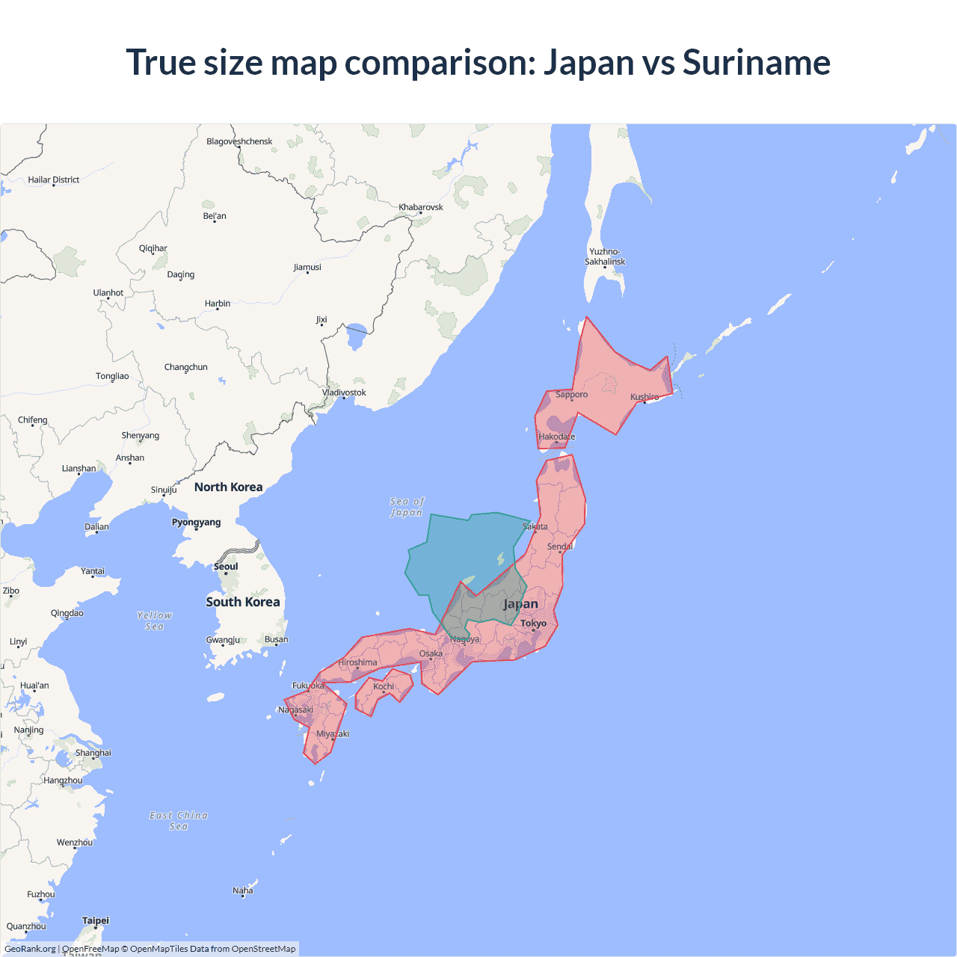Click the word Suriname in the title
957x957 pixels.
pyautogui.click(x=756, y=62)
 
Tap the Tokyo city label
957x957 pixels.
pyautogui.click(x=533, y=623)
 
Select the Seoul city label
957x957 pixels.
pyautogui.click(x=226, y=566)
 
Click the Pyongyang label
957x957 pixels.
pyautogui.click(x=196, y=522)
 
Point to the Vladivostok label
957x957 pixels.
pyautogui.click(x=344, y=393)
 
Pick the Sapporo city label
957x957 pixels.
pyautogui.click(x=571, y=394)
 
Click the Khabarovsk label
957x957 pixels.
pyautogui.click(x=421, y=207)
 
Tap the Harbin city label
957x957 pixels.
pyautogui.click(x=218, y=304)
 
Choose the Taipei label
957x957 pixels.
pyautogui.click(x=96, y=920)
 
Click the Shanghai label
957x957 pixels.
pyautogui.click(x=93, y=753)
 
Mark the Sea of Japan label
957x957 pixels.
pyautogui.click(x=407, y=507)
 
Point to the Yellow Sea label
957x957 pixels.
pyautogui.click(x=155, y=621)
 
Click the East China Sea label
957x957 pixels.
pyautogui.click(x=179, y=821)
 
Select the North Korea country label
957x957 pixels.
pyautogui.click(x=228, y=487)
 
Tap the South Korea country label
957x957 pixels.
pyautogui.click(x=243, y=602)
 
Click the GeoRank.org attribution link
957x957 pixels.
pyautogui.click(x=30, y=949)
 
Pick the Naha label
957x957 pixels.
pyautogui.click(x=243, y=890)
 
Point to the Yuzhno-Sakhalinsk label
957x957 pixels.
pyautogui.click(x=605, y=256)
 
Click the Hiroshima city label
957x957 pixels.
pyautogui.click(x=357, y=662)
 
